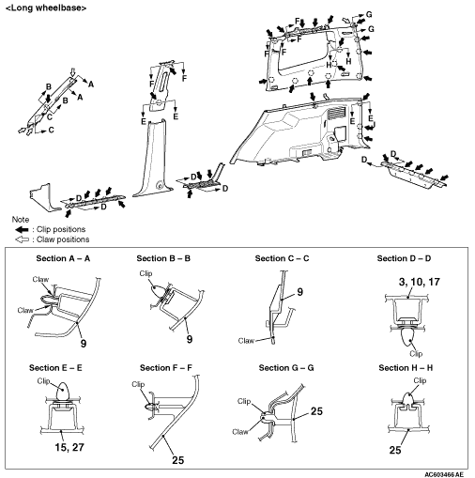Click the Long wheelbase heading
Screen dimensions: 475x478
46,8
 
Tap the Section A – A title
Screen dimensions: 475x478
63,258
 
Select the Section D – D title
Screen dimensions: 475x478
404,258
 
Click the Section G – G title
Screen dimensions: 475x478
286,368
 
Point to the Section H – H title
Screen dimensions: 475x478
406,368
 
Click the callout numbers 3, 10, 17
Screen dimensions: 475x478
420,282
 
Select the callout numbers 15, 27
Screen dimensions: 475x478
69,447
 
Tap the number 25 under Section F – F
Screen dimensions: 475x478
177,460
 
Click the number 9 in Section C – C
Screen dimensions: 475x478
299,292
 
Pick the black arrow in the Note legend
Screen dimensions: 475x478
22,230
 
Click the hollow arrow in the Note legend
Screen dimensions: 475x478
22,239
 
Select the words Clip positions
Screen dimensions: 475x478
61,229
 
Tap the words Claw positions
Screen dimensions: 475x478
63,239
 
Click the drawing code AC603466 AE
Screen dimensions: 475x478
444,474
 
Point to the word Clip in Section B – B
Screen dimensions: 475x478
146,273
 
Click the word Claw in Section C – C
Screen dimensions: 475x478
246,341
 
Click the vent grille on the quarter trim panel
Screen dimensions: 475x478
336,113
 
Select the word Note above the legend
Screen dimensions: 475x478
21,220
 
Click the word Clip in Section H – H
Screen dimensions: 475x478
420,380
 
